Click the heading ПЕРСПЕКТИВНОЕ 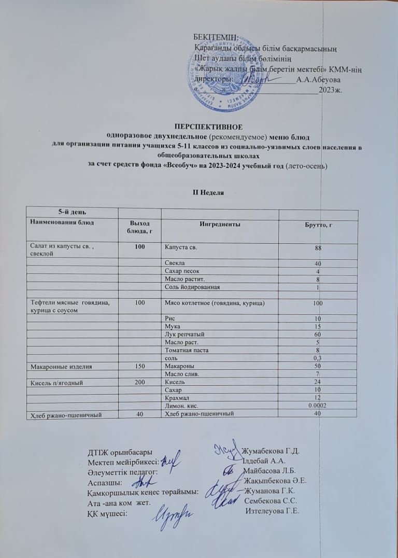click(208, 127)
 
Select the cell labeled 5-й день click(72, 212)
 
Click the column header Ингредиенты click(220, 225)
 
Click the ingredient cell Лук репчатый click(183, 334)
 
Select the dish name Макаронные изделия click(62, 367)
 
